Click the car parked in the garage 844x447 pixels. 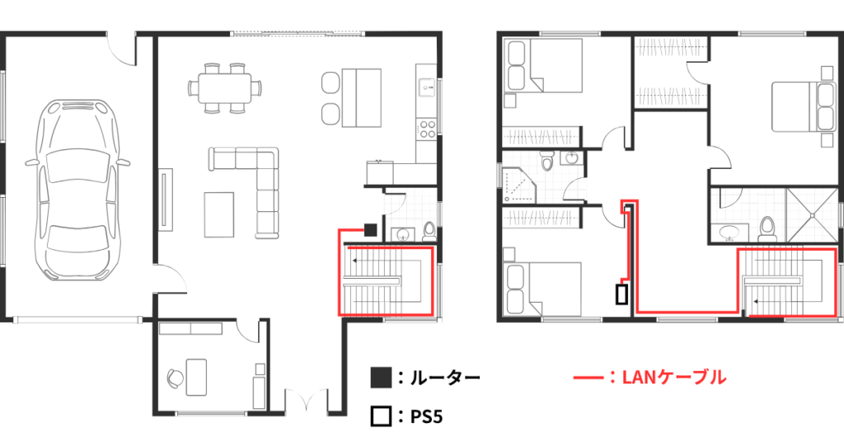pyautogui.click(x=79, y=190)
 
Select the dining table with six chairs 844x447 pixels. pyautogui.click(x=224, y=86)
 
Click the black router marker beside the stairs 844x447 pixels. pyautogui.click(x=371, y=228)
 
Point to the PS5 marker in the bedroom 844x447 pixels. pyautogui.click(x=621, y=294)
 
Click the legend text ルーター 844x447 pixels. pyautogui.click(x=445, y=378)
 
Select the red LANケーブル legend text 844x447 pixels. pyautogui.click(x=676, y=378)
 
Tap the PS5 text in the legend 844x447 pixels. pyautogui.click(x=427, y=416)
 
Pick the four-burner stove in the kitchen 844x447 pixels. pyautogui.click(x=427, y=128)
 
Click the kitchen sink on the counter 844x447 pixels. pyautogui.click(x=427, y=83)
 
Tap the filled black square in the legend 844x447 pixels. pyautogui.click(x=380, y=378)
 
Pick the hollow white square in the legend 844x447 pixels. pyautogui.click(x=380, y=416)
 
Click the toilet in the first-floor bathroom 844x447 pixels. pyautogui.click(x=428, y=230)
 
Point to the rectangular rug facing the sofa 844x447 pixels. pyautogui.click(x=218, y=214)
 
